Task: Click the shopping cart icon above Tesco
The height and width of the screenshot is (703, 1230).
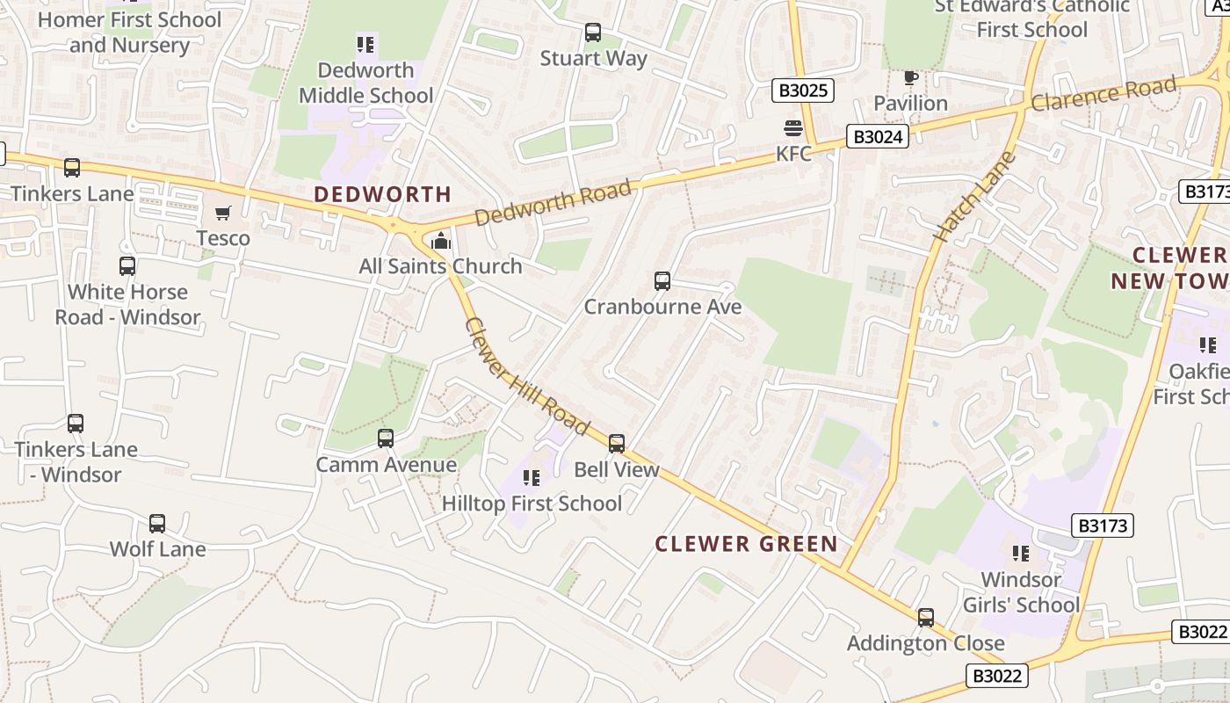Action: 223,213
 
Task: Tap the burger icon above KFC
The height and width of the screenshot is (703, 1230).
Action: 793,128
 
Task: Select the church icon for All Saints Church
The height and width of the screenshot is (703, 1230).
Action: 441,240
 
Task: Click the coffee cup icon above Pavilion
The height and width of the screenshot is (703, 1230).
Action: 910,78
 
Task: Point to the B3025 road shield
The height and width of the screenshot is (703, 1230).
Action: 803,90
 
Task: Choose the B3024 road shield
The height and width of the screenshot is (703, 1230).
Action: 878,136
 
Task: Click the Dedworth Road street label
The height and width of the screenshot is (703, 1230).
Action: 553,203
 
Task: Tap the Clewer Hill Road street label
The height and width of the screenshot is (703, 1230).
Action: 525,376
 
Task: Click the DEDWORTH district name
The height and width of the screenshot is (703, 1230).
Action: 383,194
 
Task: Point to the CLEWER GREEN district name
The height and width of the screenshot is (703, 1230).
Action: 747,544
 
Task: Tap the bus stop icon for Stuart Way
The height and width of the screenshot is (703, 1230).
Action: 593,33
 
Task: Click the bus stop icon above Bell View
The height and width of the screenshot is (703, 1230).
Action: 617,444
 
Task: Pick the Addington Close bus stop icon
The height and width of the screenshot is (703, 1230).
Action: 926,618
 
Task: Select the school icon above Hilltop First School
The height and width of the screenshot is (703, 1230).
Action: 532,477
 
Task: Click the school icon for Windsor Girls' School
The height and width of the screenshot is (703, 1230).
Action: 1021,554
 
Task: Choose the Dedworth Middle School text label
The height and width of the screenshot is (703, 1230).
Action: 366,83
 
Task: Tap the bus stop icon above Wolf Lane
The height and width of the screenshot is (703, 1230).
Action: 157,524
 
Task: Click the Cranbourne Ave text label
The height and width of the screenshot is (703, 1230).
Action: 663,307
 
